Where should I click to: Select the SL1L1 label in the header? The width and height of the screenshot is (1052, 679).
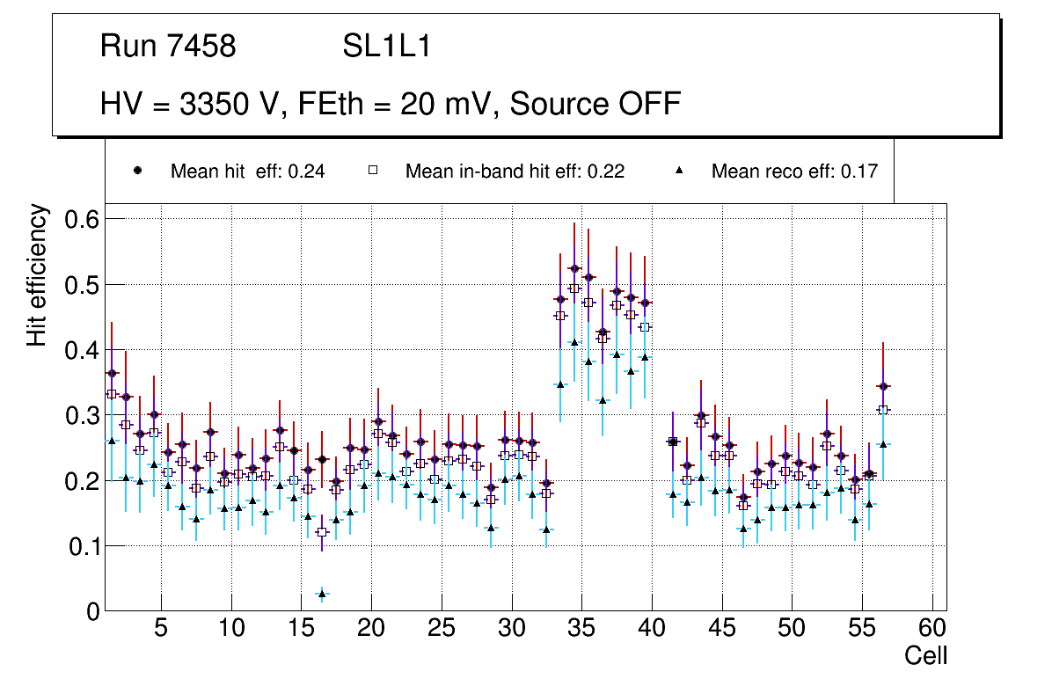[386, 47]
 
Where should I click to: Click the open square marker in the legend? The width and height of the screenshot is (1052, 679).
[373, 171]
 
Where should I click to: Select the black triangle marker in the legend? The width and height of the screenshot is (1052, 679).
[679, 171]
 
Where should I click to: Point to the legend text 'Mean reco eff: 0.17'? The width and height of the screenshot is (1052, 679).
[794, 172]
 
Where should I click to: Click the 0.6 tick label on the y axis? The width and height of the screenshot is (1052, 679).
[83, 218]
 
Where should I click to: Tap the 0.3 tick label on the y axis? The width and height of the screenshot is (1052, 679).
[83, 415]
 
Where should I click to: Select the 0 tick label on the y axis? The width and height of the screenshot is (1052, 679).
[93, 612]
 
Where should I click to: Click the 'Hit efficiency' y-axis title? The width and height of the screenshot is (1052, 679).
[38, 275]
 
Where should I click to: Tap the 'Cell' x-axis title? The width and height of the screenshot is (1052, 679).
[925, 656]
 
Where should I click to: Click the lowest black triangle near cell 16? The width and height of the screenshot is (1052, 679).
[322, 594]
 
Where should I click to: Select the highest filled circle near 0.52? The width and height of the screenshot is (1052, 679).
[574, 268]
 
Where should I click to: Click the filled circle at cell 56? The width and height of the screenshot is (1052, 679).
[883, 386]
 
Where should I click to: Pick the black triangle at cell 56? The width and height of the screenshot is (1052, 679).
[883, 444]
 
